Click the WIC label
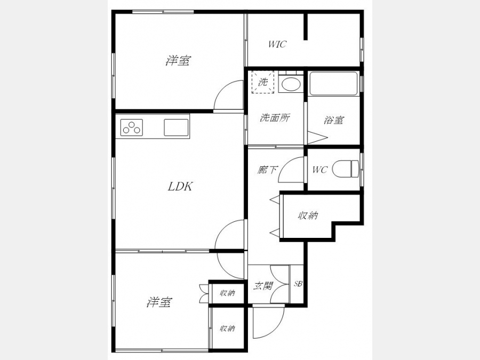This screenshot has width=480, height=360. pyautogui.click(x=277, y=44)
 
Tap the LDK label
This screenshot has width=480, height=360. pyautogui.click(x=180, y=187)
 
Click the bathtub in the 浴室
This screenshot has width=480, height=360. pyautogui.click(x=333, y=84)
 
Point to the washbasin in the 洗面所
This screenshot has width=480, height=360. pyautogui.click(x=291, y=84)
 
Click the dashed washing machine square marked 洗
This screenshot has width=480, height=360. pyautogui.click(x=262, y=82)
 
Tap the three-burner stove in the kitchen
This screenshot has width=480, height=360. pyautogui.click(x=132, y=127)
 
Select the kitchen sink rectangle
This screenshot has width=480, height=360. pyautogui.click(x=176, y=127)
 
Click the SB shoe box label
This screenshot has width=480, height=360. pyautogui.click(x=298, y=284)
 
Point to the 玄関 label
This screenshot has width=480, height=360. pyautogui.click(x=263, y=286)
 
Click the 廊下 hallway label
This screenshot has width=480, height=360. pyautogui.click(x=267, y=170)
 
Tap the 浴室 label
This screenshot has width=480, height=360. pyautogui.click(x=334, y=119)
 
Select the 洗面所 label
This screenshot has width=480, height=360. pyautogui.click(x=275, y=118)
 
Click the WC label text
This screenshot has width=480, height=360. pyautogui.click(x=320, y=170)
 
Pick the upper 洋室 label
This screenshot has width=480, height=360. pyautogui.click(x=179, y=60)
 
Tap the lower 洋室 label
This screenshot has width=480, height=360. pyautogui.click(x=159, y=302)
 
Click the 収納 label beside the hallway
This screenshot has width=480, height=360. pyautogui.click(x=308, y=216)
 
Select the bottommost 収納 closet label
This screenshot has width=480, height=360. pyautogui.click(x=227, y=329)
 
